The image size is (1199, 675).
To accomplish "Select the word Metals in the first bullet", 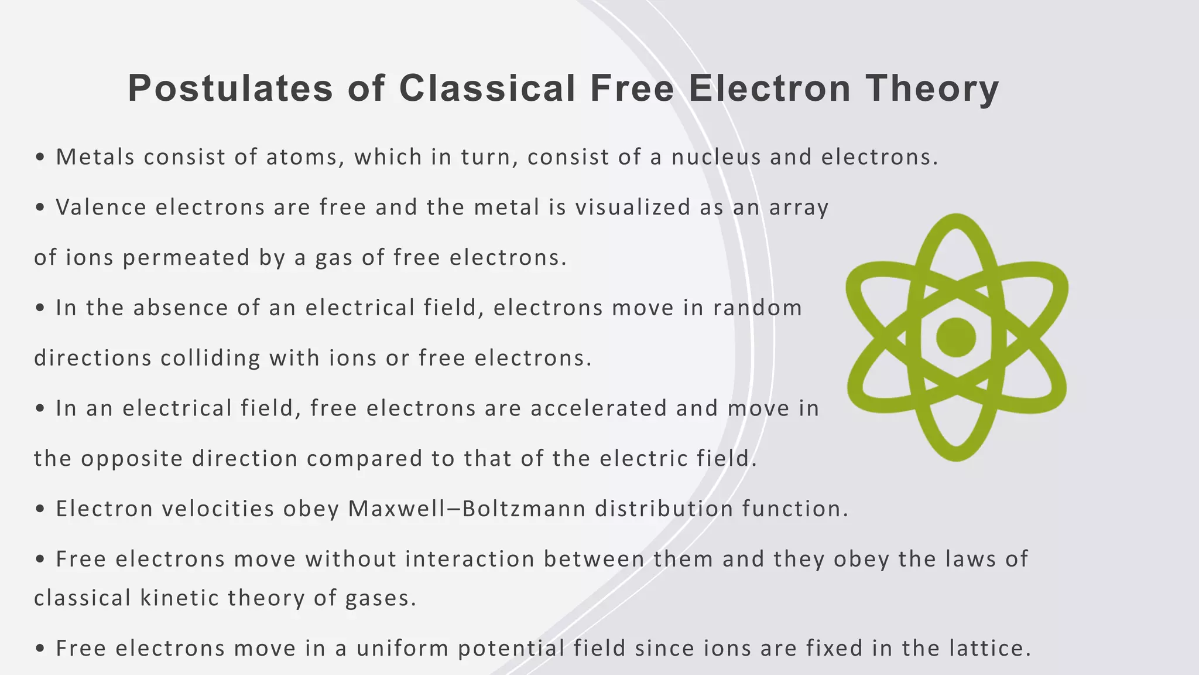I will click(95, 157).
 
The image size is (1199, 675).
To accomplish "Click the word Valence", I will click(101, 207).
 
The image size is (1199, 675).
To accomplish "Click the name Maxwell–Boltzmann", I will click(467, 509).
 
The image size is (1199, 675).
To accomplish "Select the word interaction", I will click(470, 559).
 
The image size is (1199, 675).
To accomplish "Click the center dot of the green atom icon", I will click(956, 337).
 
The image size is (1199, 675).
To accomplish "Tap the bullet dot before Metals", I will click(40, 158).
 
